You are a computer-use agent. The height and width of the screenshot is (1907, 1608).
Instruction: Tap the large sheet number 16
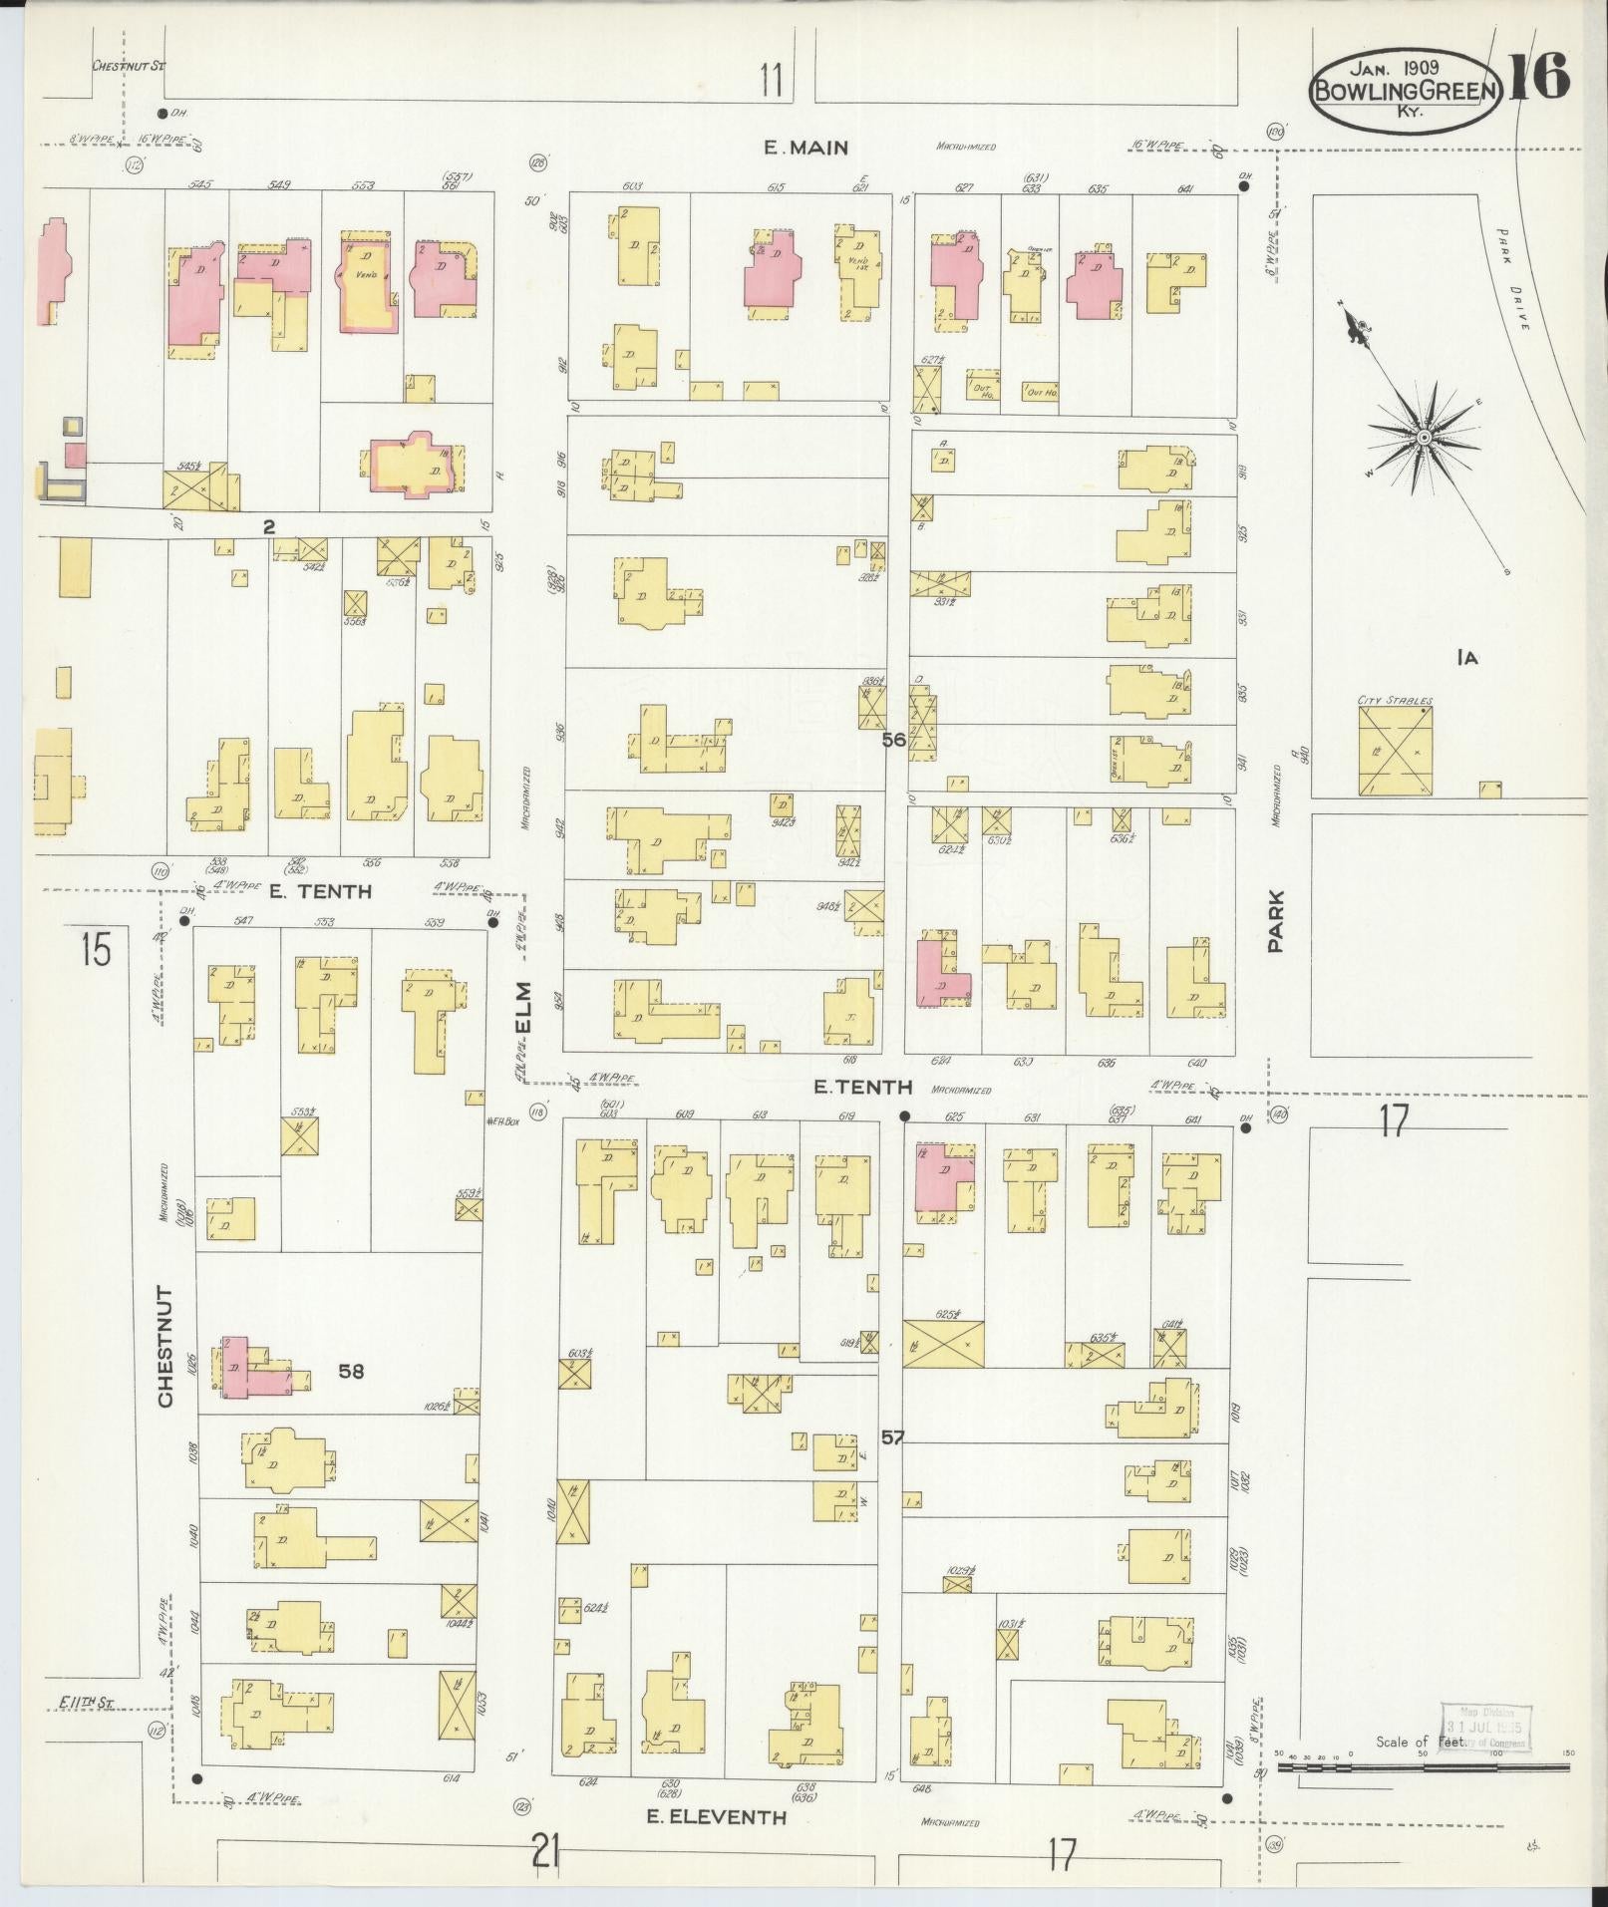[1538, 77]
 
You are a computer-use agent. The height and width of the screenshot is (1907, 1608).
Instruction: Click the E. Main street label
[805, 148]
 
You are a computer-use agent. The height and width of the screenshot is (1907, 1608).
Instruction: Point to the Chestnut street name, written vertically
[165, 1346]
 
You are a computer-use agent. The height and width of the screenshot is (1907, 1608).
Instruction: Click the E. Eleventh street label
[716, 1817]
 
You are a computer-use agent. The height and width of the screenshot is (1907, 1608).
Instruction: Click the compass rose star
[1426, 438]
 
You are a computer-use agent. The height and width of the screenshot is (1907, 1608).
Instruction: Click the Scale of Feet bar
[1423, 1767]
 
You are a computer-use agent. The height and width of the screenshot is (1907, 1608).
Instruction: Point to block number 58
[351, 1372]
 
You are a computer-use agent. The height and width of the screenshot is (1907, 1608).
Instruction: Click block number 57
[892, 1437]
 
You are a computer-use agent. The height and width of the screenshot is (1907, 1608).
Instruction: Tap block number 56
[893, 741]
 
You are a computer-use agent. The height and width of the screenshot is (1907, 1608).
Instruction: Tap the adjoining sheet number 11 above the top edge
[771, 80]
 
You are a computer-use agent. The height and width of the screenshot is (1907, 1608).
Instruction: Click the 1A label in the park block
[1465, 658]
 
